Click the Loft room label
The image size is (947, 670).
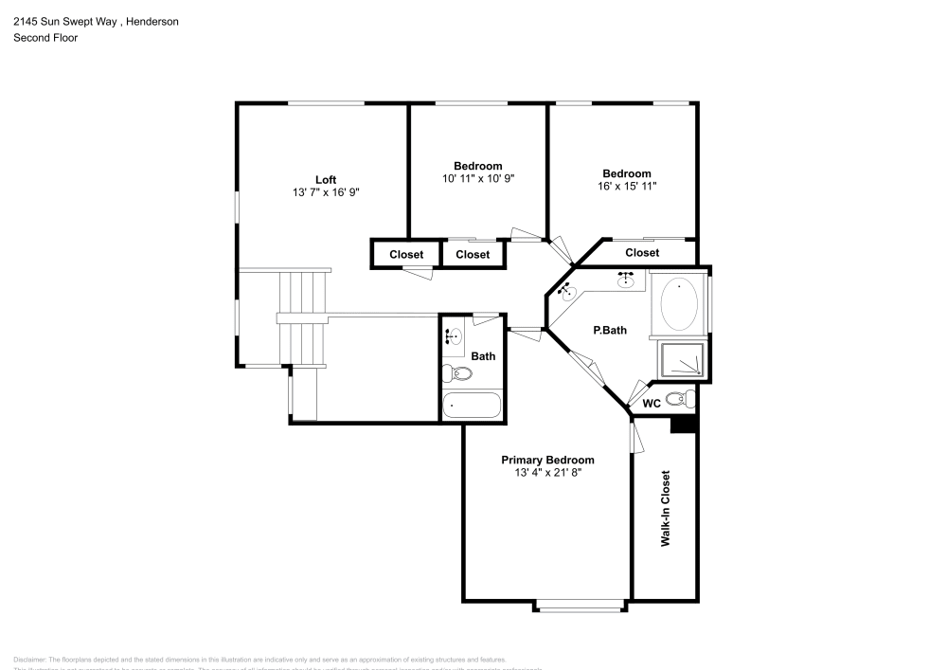[x=326, y=179]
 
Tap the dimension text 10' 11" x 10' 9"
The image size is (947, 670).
[x=477, y=178]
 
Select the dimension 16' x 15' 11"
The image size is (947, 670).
[x=627, y=187]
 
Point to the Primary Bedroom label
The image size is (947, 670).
[x=547, y=460]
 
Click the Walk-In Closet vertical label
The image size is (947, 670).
[x=666, y=508]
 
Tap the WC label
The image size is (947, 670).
[x=652, y=403]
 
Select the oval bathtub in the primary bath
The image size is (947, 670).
[x=679, y=303]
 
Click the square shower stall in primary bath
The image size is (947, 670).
[x=682, y=360]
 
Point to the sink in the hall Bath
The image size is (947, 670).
[x=453, y=335]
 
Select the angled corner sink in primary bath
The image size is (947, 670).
[x=568, y=292]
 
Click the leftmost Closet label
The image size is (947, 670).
[x=406, y=254]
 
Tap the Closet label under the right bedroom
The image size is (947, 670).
[x=641, y=253]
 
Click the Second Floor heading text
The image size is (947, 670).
[x=45, y=38]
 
